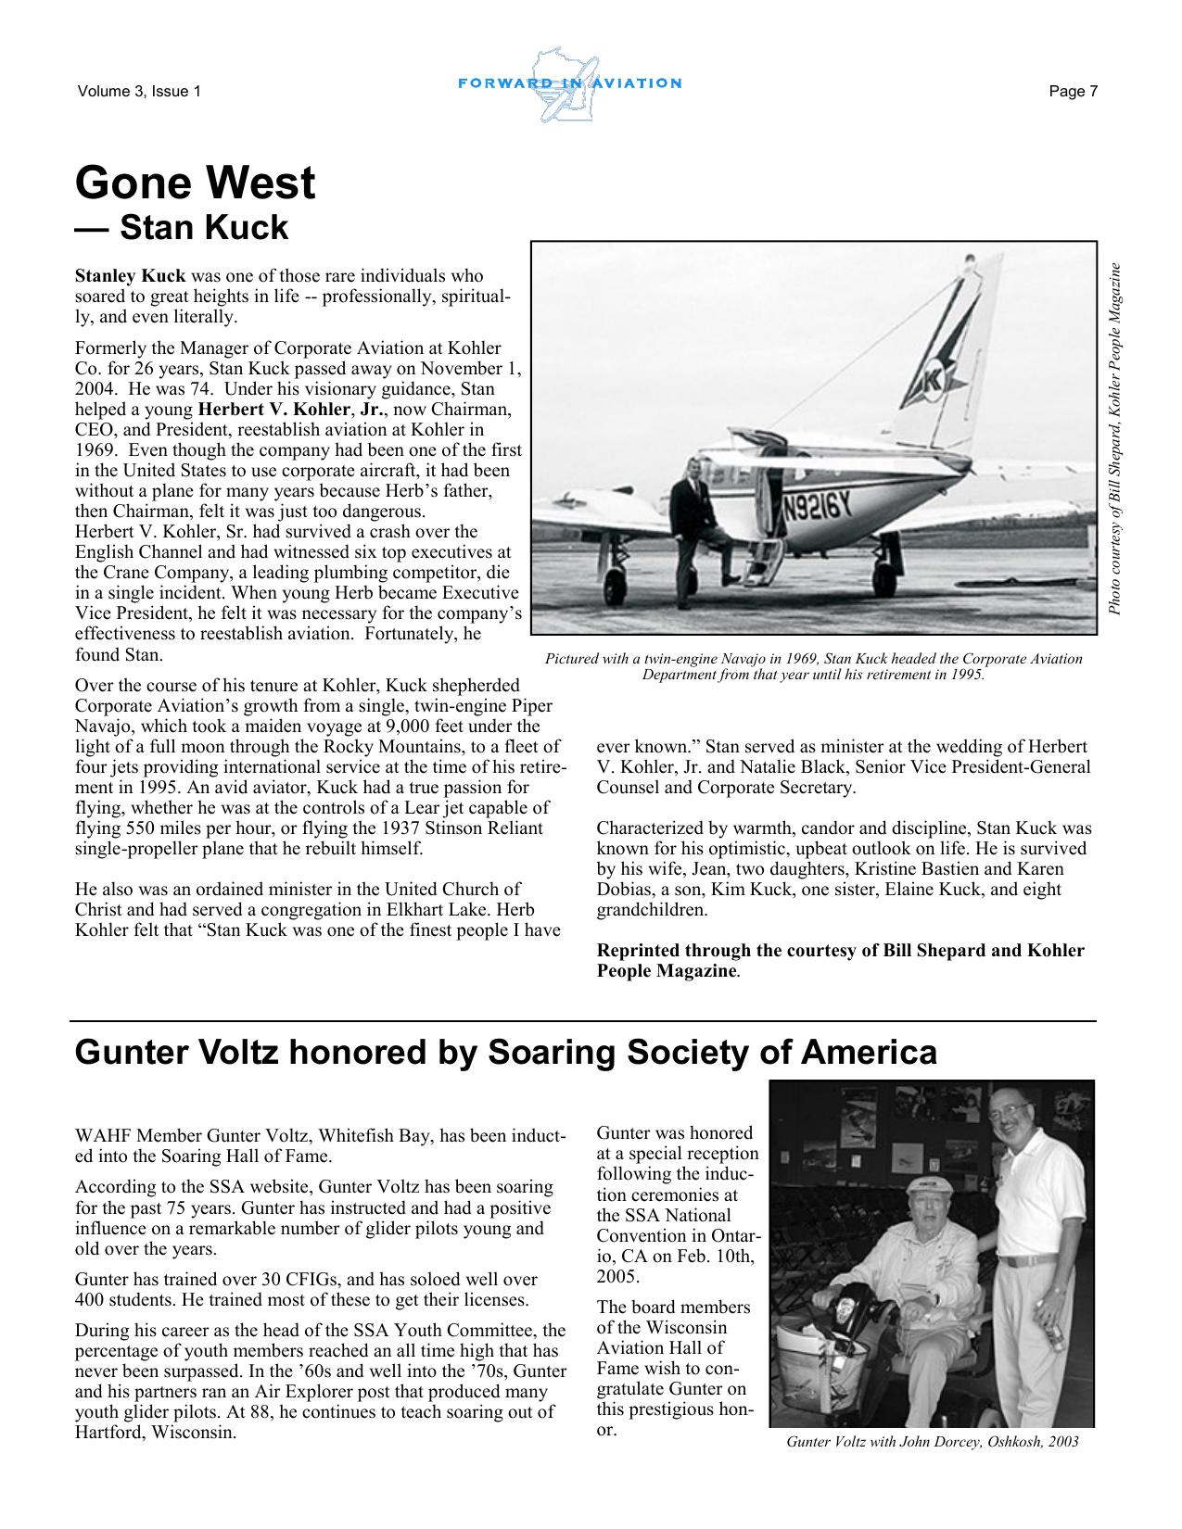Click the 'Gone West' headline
pos(195,183)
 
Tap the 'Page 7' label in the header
pos(1074,91)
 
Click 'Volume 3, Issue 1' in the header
pos(139,91)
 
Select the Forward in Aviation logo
pos(569,84)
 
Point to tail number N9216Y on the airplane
pos(817,507)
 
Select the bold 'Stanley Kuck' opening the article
pos(131,276)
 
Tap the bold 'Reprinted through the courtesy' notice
pos(840,961)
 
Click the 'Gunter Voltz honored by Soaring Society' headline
pos(505,1053)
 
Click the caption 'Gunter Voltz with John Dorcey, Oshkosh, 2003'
pos(932,1442)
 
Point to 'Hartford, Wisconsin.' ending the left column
pos(155,1433)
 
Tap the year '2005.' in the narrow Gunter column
pos(617,1277)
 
